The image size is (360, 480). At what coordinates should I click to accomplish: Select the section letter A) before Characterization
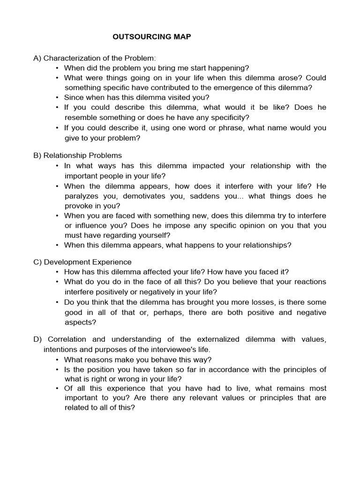pos(37,58)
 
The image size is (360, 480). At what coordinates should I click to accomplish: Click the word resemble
pos(81,118)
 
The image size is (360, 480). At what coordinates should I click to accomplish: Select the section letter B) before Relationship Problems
pos(37,155)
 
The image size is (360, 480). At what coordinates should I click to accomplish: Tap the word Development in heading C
pos(67,262)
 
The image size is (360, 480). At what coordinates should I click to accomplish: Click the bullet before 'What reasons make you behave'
pos(57,360)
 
